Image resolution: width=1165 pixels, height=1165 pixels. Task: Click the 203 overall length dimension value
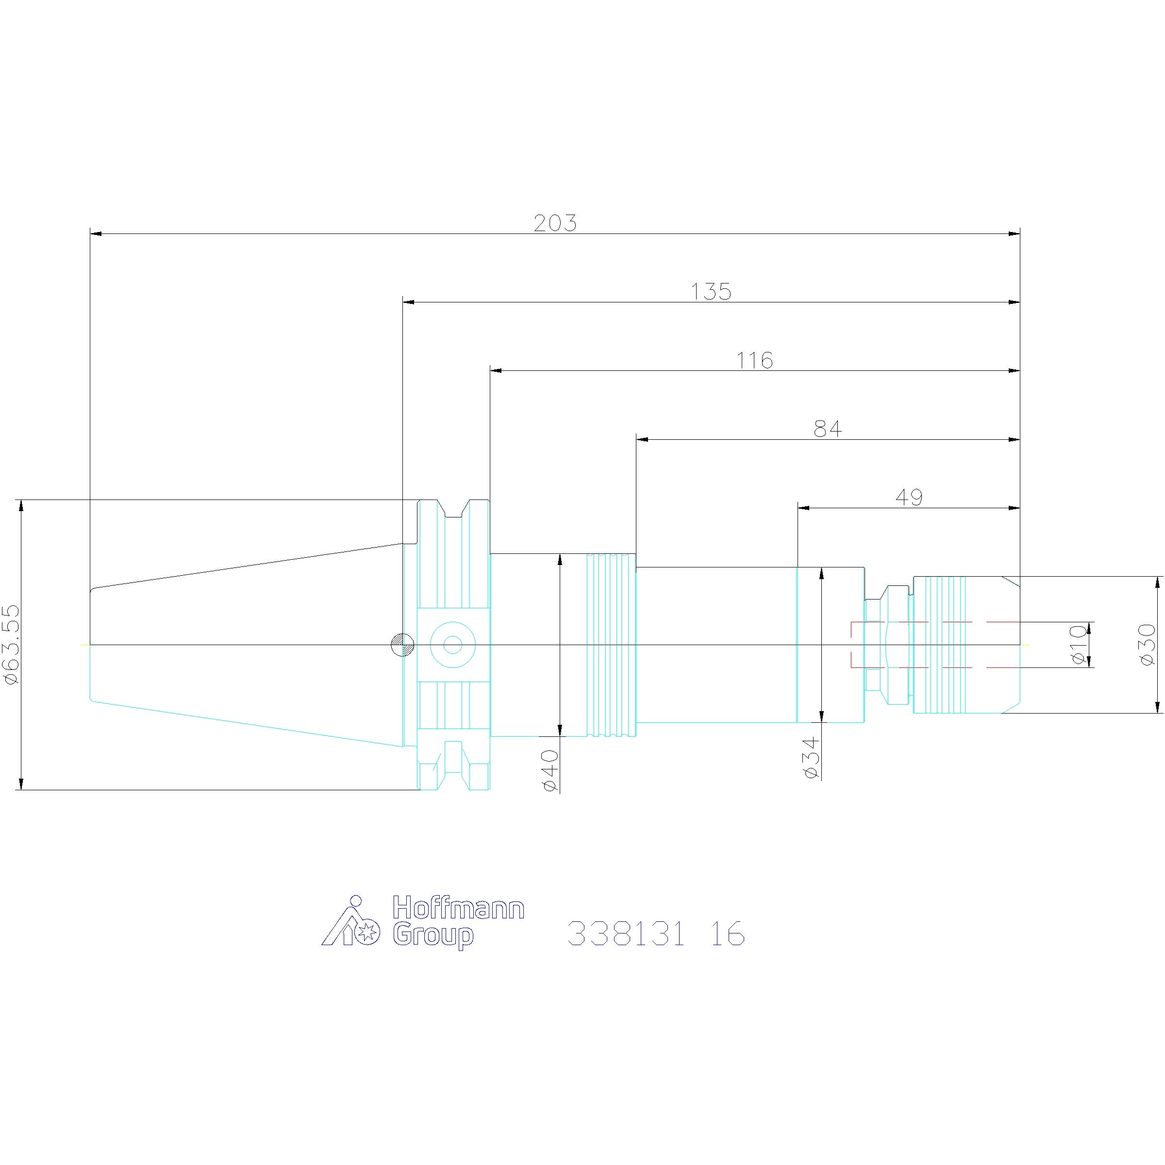click(555, 224)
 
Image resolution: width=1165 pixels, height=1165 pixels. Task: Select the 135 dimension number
click(711, 292)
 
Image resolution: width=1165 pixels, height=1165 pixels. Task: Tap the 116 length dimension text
click(754, 361)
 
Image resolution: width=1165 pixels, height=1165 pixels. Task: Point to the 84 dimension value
click(827, 429)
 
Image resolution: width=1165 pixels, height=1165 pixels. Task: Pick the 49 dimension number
click(909, 498)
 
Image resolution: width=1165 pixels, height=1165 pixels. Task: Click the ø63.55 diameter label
click(12, 645)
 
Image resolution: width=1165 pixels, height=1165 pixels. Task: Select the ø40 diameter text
click(550, 770)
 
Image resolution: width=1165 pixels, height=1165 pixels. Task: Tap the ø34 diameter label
click(812, 757)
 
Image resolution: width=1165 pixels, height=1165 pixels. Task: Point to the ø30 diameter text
click(1147, 645)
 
